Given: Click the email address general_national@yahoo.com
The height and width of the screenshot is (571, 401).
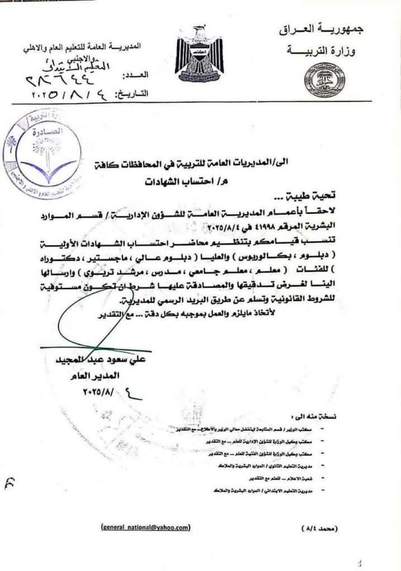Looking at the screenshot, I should [x=145, y=526].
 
